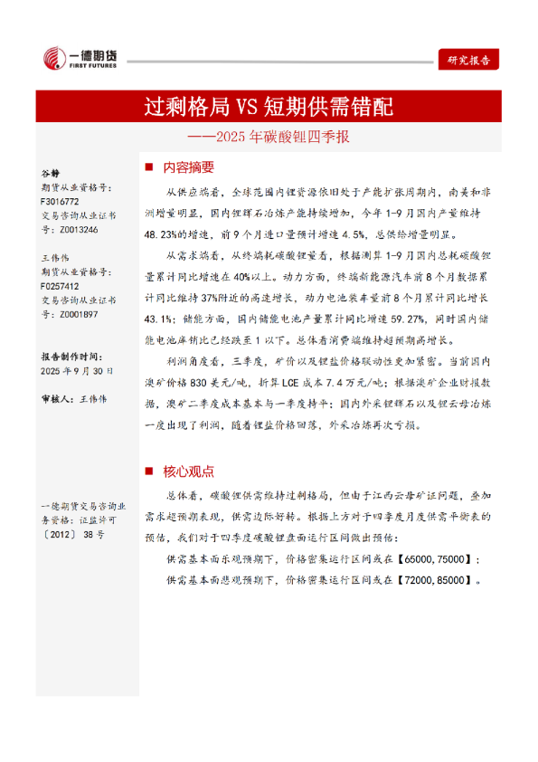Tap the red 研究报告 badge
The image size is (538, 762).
pos(468,60)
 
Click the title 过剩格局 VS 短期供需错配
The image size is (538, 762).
pos(269,108)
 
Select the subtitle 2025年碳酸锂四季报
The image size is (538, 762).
pos(269,138)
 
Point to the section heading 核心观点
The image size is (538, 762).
pos(189,471)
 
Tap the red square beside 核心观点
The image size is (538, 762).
pos(150,471)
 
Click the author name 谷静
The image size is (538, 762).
pos(51,172)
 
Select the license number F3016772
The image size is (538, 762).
pos(61,202)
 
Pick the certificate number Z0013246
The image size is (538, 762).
pos(61,231)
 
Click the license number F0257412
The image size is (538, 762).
pos(61,285)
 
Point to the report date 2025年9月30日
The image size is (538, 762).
pos(77,371)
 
